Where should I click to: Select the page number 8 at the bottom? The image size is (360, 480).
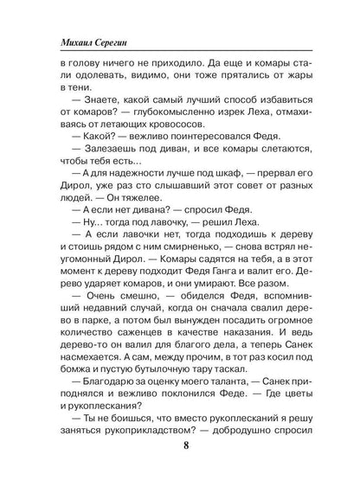[x=179, y=445]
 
